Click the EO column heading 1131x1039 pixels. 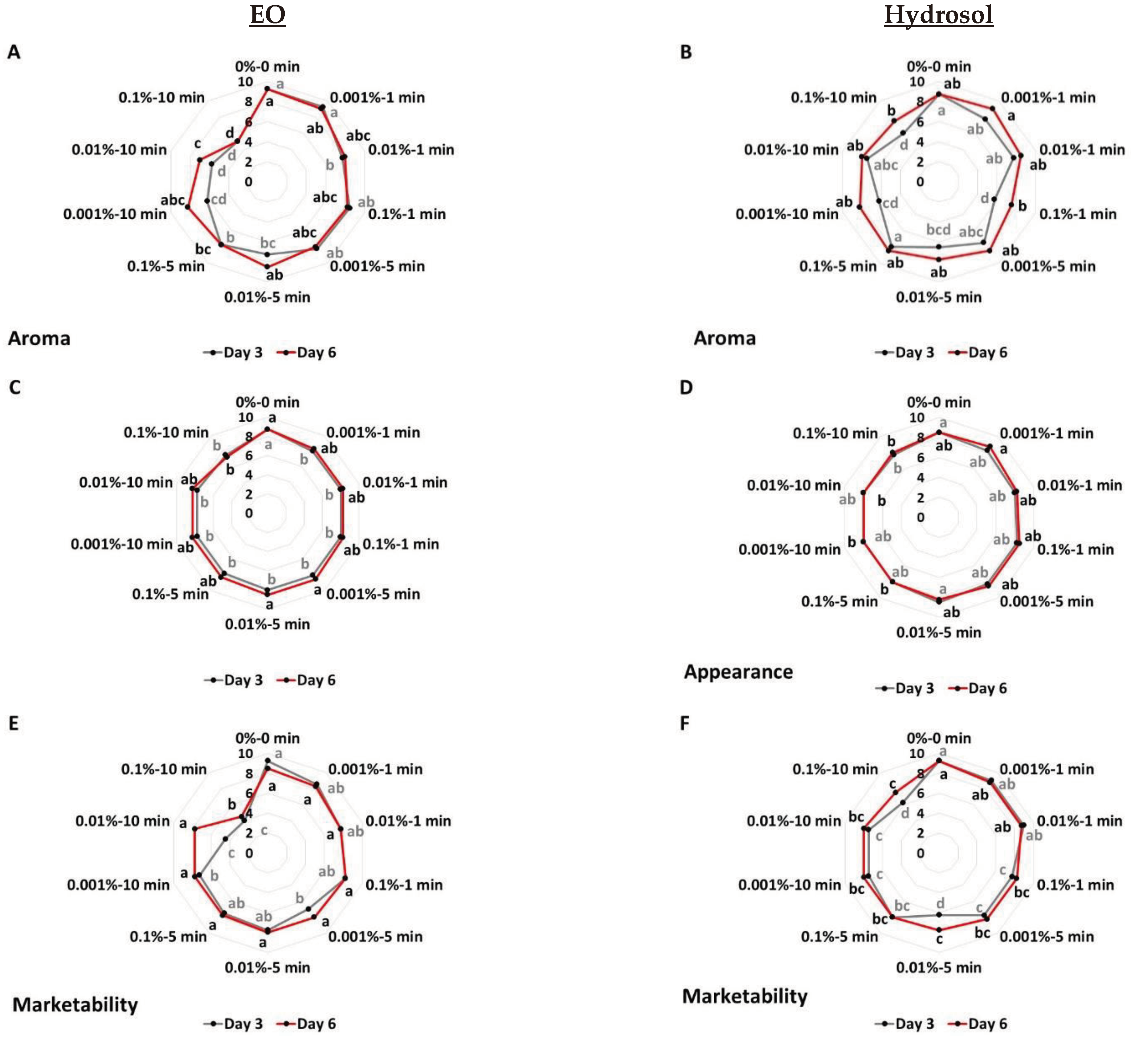(267, 15)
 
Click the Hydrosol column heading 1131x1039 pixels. (938, 15)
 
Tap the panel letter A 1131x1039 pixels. (14, 52)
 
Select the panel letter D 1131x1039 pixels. (686, 387)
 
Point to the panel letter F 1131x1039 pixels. (685, 723)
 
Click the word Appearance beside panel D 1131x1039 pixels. (738, 672)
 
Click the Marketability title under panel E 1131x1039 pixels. (75, 1005)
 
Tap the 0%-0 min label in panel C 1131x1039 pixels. (267, 402)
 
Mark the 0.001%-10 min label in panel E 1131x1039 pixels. (118, 885)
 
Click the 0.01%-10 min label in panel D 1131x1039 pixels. (793, 484)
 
